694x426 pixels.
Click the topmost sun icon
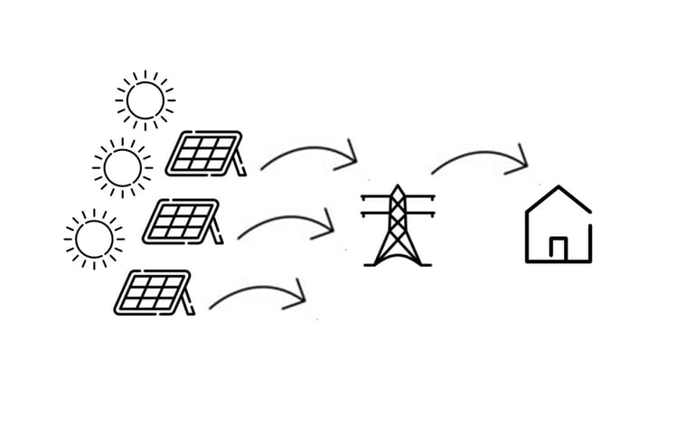(x=145, y=99)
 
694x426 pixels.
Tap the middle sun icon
(x=121, y=167)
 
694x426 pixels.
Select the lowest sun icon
(x=94, y=240)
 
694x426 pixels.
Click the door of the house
(x=558, y=249)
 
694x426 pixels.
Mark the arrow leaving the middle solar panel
(x=285, y=222)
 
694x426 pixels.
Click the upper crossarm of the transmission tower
(x=395, y=199)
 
